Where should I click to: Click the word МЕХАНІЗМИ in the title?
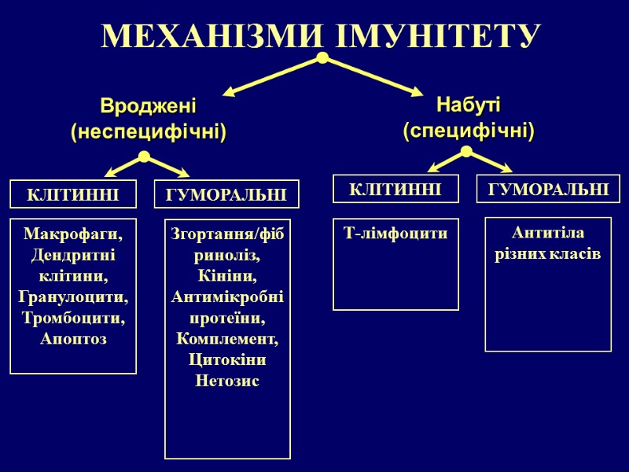click(x=208, y=36)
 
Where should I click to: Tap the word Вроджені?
click(x=148, y=105)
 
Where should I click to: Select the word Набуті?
click(x=469, y=104)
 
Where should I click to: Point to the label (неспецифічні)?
click(x=148, y=131)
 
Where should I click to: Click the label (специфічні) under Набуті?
click(x=469, y=130)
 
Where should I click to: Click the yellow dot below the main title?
click(x=322, y=58)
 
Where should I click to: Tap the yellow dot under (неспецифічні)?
click(x=144, y=157)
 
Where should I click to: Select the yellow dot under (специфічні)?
click(x=466, y=150)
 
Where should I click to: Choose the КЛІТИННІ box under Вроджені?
click(x=73, y=194)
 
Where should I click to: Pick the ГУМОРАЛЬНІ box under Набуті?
click(x=549, y=189)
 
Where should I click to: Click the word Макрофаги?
click(x=74, y=234)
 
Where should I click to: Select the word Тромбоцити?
click(x=73, y=319)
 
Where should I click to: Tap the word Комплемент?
click(x=227, y=340)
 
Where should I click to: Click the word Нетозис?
click(x=227, y=382)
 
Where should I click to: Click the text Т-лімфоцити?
click(x=396, y=233)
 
